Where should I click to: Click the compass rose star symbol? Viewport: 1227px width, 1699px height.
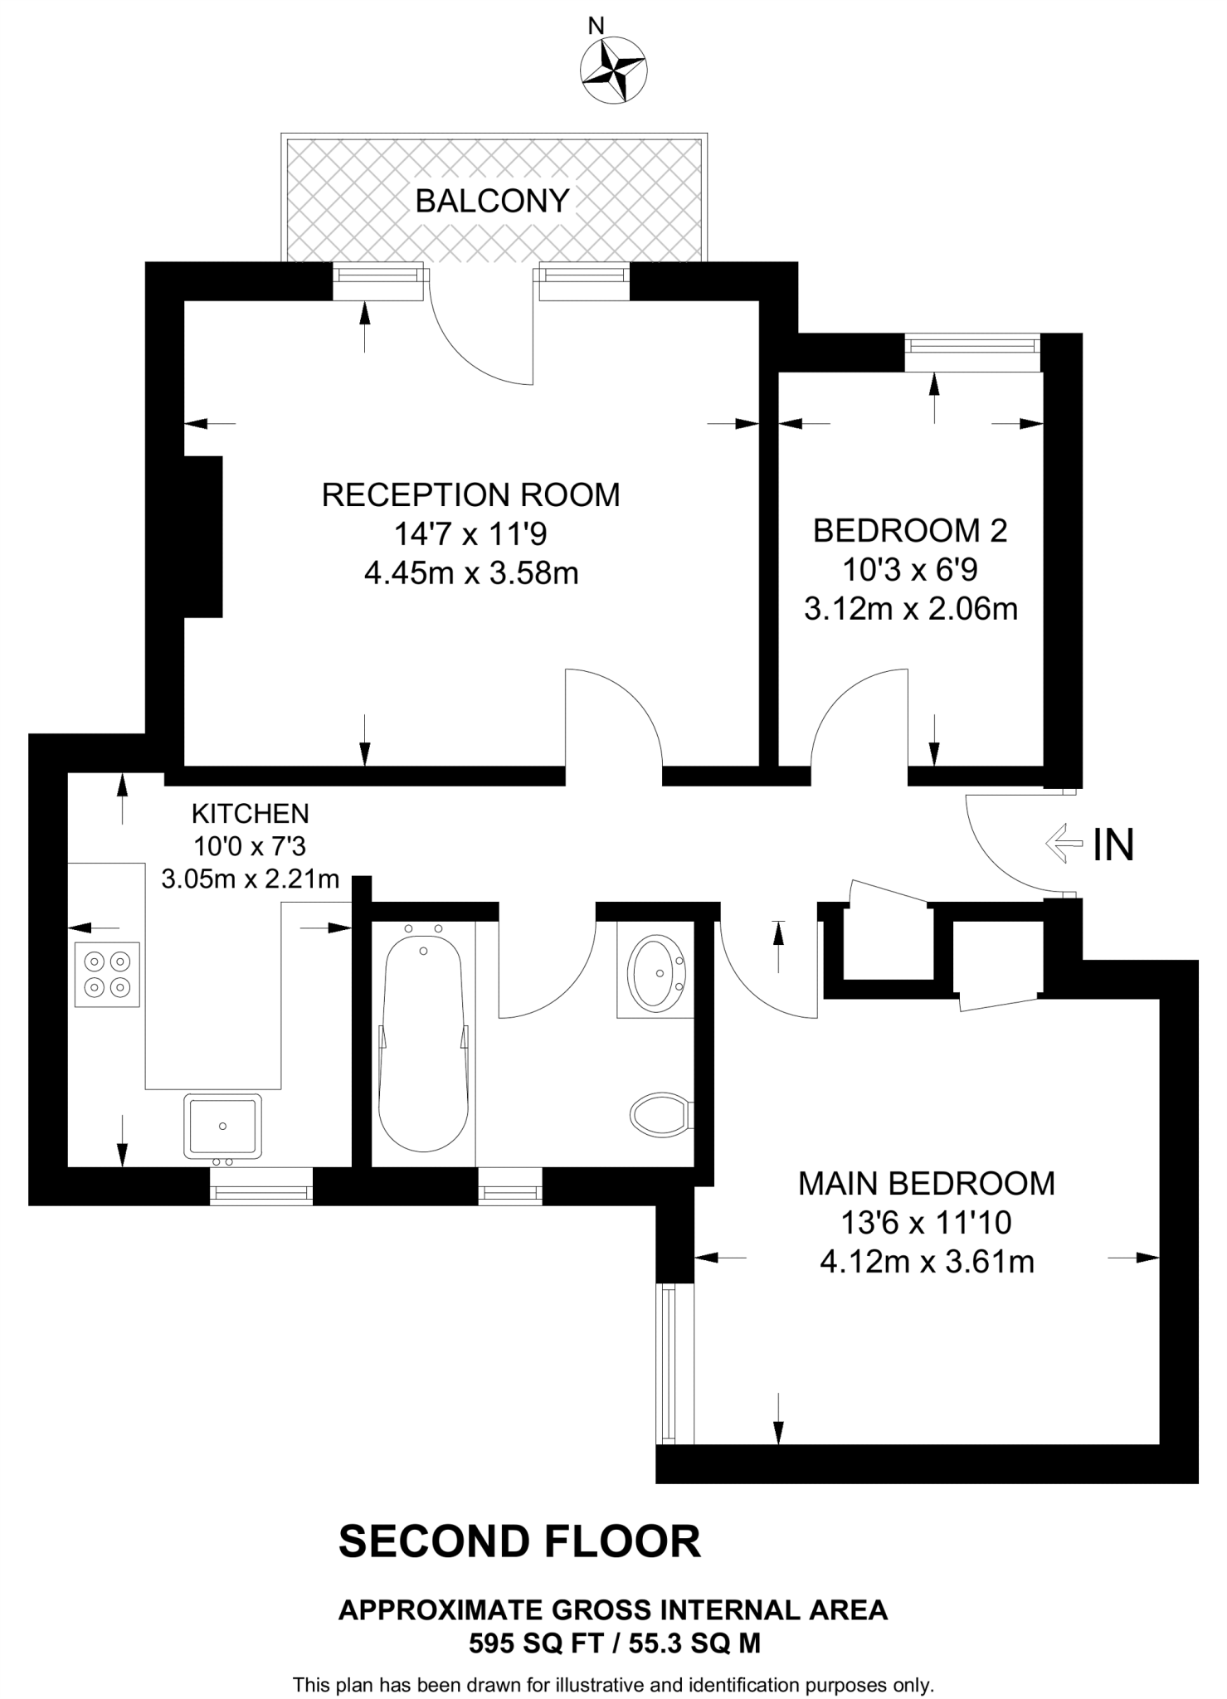(x=614, y=71)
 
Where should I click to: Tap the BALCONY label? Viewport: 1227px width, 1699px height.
(x=492, y=201)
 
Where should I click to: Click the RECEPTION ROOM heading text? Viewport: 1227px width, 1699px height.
(x=470, y=494)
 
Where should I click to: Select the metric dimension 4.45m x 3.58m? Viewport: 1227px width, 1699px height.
(x=470, y=573)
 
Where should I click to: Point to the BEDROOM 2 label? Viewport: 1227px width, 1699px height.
(x=909, y=531)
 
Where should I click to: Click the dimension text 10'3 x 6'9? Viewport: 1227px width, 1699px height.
(x=909, y=570)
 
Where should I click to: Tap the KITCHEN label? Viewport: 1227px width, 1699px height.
(x=250, y=813)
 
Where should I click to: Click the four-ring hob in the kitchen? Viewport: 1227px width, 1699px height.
(x=107, y=975)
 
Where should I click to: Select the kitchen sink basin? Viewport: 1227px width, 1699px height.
(x=222, y=1125)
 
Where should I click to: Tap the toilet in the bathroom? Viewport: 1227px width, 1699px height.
(x=660, y=1114)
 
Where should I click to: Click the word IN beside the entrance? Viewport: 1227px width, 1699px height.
(x=1113, y=845)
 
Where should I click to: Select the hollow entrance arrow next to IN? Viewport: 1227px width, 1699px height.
(x=1064, y=844)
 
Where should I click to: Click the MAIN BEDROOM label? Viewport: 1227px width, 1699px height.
(x=926, y=1183)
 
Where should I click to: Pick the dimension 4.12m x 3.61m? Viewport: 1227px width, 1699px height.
(x=926, y=1262)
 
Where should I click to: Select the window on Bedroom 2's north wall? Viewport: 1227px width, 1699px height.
(x=971, y=353)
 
